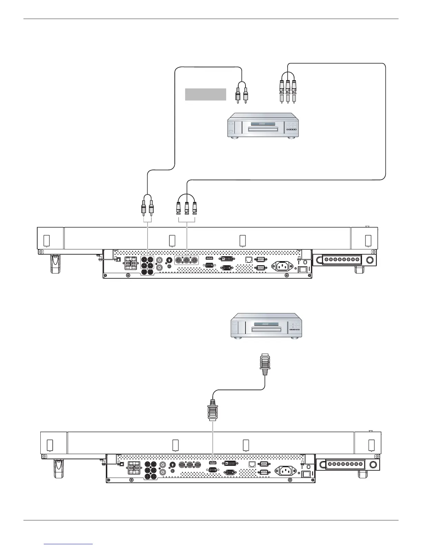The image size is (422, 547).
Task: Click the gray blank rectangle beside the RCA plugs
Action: pos(205,94)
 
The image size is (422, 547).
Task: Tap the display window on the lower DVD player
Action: pos(266,324)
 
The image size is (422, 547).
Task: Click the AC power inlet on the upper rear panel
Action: pos(282,266)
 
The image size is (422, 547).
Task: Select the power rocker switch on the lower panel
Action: pos(305,474)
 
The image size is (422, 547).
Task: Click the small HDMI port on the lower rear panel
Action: pos(213,462)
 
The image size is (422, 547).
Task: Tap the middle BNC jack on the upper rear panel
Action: pos(187,260)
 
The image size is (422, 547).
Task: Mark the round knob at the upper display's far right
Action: pos(370,259)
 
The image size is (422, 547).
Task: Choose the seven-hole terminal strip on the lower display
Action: pos(345,464)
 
